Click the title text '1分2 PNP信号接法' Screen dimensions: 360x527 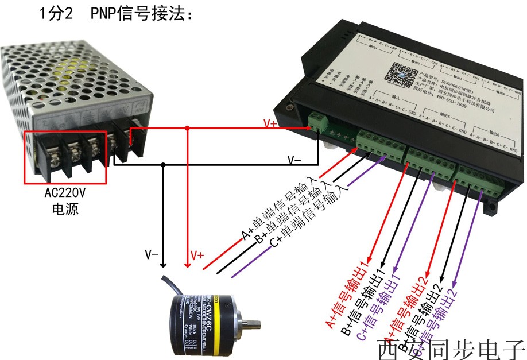pyautogui.click(x=114, y=14)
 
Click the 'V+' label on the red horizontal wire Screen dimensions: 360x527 pyautogui.click(x=270, y=123)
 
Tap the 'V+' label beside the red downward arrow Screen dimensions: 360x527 pyautogui.click(x=197, y=255)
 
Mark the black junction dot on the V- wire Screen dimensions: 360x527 pyautogui.click(x=164, y=165)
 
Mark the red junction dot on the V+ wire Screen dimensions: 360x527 pyautogui.click(x=187, y=129)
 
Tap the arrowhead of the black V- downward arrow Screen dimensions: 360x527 pyautogui.click(x=164, y=265)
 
